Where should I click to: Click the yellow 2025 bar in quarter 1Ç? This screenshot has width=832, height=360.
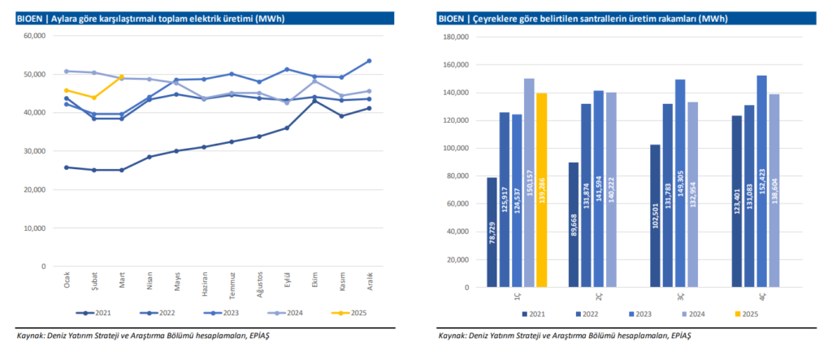point(541,190)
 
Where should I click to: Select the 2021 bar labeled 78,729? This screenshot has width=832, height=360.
point(492,232)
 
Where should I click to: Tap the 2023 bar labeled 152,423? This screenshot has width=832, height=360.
point(761,181)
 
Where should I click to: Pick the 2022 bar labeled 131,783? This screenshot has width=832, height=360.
point(668,195)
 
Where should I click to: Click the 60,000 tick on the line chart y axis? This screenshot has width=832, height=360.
point(33,36)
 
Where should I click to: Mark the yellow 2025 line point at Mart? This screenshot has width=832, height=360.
point(121,76)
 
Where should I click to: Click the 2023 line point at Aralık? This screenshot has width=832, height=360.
point(369,61)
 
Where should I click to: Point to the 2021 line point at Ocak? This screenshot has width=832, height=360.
point(67,167)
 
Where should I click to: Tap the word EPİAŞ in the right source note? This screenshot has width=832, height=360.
point(680,334)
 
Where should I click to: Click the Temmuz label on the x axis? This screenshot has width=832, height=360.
point(232,284)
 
